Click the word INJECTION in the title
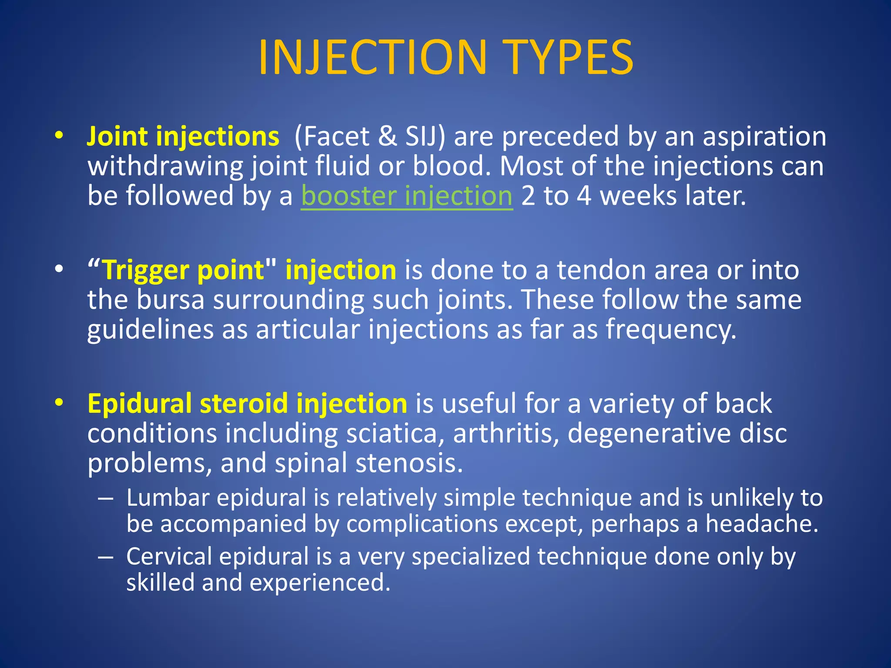click(x=372, y=58)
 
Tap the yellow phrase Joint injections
click(x=183, y=137)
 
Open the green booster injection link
click(x=407, y=196)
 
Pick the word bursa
click(x=170, y=300)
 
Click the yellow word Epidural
click(x=139, y=404)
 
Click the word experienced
click(x=319, y=583)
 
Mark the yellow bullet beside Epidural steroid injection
click(x=59, y=402)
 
